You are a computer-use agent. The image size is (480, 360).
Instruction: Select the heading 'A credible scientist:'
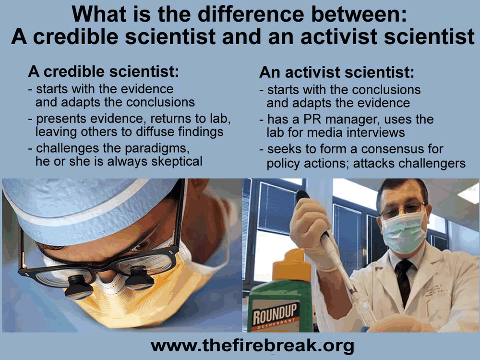point(104,72)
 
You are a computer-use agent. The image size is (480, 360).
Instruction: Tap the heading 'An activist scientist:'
point(336,72)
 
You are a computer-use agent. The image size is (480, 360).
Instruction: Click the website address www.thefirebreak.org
point(252,346)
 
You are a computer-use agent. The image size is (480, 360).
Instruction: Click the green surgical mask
point(403,232)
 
